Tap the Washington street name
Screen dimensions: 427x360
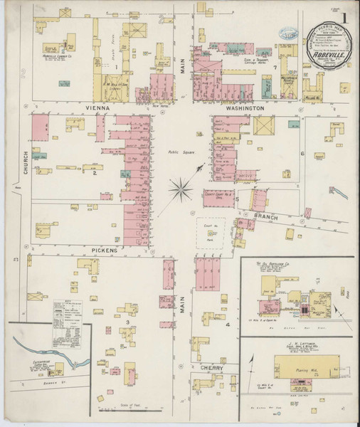(246, 108)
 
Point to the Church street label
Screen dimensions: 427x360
(24, 164)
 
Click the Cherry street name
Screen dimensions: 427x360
(212, 368)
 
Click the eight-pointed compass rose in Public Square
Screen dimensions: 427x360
(181, 189)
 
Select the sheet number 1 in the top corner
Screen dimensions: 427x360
(346, 16)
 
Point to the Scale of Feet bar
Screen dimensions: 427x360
(129, 409)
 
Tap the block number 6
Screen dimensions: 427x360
(302, 154)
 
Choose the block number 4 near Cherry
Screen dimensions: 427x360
(228, 325)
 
